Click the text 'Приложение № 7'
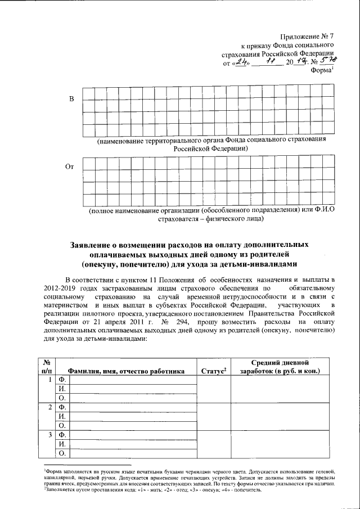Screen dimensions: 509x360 [x=307, y=35]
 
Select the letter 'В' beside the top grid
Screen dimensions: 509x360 [x=71, y=100]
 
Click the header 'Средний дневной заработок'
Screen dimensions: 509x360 [x=279, y=366]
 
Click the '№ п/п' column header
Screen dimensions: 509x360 [x=47, y=366]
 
